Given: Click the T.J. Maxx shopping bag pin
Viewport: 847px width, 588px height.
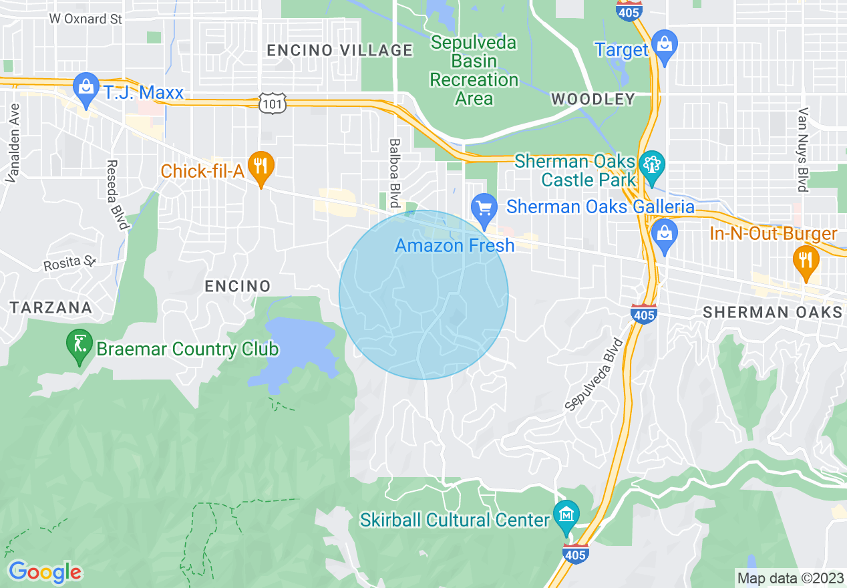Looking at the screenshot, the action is (x=86, y=88).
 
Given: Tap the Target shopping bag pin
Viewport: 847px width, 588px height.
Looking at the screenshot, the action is (x=665, y=45).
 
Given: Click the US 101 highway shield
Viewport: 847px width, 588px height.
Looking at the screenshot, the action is (x=274, y=102).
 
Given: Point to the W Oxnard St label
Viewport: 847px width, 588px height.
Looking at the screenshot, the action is (x=86, y=19).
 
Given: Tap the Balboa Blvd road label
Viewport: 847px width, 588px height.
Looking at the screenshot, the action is (x=395, y=173).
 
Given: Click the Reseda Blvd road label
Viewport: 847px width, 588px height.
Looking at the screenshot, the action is (x=117, y=194).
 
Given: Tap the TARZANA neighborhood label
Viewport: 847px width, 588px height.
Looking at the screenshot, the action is (x=51, y=307).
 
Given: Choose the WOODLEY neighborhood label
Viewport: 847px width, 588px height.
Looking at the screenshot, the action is (x=592, y=100).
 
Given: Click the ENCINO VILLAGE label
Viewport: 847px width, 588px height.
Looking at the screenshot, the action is (x=339, y=50).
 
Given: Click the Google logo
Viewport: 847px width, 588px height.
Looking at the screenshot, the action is (x=45, y=571).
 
